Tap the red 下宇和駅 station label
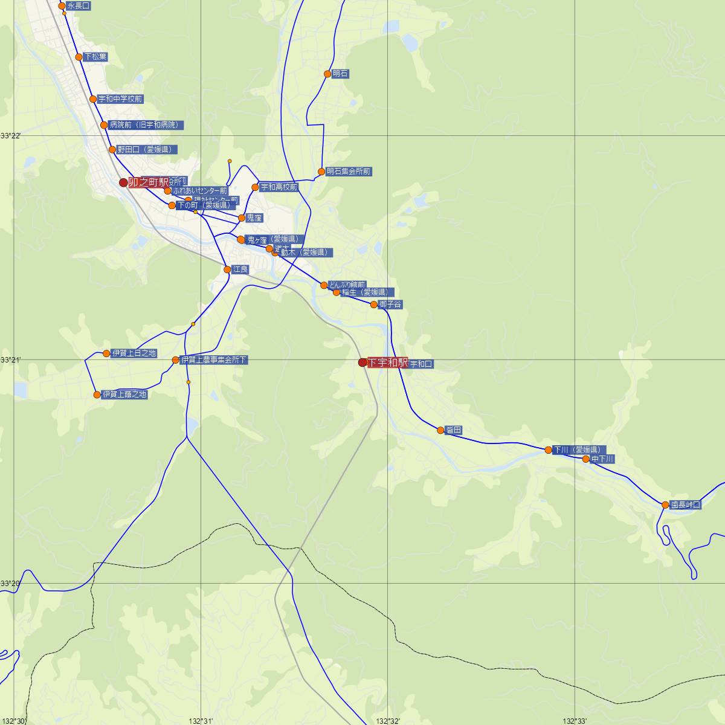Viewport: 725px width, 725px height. point(387,362)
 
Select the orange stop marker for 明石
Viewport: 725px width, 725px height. point(327,74)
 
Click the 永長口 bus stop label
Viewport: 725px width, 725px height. point(79,6)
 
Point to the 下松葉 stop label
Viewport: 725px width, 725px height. point(95,57)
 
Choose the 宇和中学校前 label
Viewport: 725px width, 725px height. point(120,99)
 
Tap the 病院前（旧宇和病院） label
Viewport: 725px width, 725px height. point(146,125)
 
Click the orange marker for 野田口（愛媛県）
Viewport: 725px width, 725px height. point(112,149)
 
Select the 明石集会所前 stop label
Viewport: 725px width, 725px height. point(349,172)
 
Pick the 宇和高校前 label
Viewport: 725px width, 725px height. point(279,187)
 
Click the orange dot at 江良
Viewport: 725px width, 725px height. point(227,269)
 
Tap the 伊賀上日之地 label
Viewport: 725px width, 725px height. point(134,353)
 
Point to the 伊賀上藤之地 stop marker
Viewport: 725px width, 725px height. point(97,395)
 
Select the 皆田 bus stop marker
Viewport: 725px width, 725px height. point(440,430)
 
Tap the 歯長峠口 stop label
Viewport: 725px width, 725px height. point(686,504)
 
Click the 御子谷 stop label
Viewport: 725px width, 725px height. point(390,304)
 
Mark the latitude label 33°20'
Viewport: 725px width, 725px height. point(10,584)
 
